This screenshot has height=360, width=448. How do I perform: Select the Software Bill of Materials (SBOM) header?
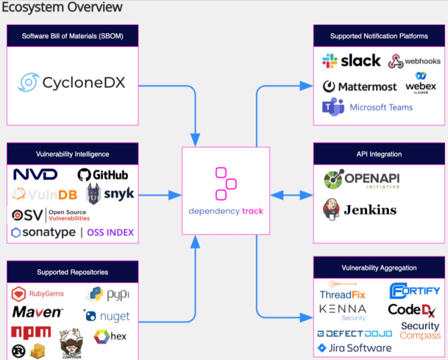click(73, 36)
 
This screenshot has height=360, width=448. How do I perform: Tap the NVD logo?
click(35, 174)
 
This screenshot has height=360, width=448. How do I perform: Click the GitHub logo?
click(103, 175)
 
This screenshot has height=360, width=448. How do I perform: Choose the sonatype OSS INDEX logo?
click(73, 232)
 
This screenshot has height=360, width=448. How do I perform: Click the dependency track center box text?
click(226, 211)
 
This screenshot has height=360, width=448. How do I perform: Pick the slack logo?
click(352, 60)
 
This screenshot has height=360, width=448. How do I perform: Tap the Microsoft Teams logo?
click(367, 107)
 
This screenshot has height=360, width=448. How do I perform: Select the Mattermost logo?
click(360, 87)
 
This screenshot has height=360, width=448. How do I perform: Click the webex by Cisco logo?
click(421, 84)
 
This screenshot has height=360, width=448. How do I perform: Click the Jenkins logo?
click(360, 210)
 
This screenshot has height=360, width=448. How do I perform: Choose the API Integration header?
click(378, 154)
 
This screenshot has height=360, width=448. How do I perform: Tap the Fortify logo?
click(414, 290)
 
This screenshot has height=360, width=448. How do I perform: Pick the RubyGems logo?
click(38, 293)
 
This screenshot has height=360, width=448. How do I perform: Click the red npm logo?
click(31, 333)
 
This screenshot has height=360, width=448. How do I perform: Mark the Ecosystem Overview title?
click(62, 7)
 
